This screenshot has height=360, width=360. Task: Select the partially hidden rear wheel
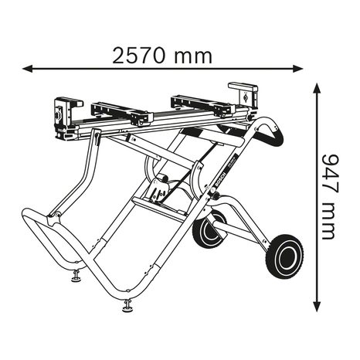click(x=208, y=233)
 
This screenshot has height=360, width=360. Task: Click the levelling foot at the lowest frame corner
click(x=127, y=306)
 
